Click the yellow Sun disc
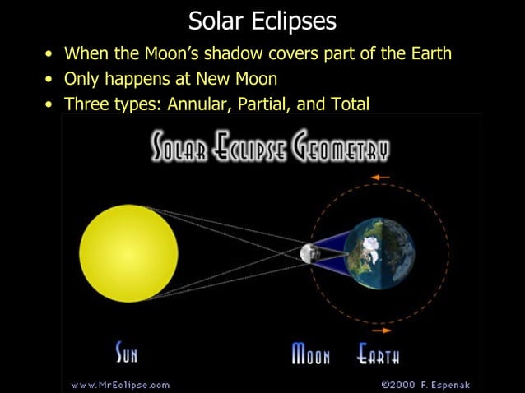[x=128, y=252]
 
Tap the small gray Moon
[x=309, y=253]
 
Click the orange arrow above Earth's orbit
[x=379, y=178]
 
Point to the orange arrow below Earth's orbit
[x=381, y=331]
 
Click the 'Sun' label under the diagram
[x=126, y=355]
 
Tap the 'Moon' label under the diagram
[x=311, y=355]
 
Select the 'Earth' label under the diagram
[x=379, y=355]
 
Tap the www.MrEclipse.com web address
[x=121, y=384]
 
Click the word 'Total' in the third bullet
[x=349, y=104]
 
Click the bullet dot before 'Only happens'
[x=51, y=80]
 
